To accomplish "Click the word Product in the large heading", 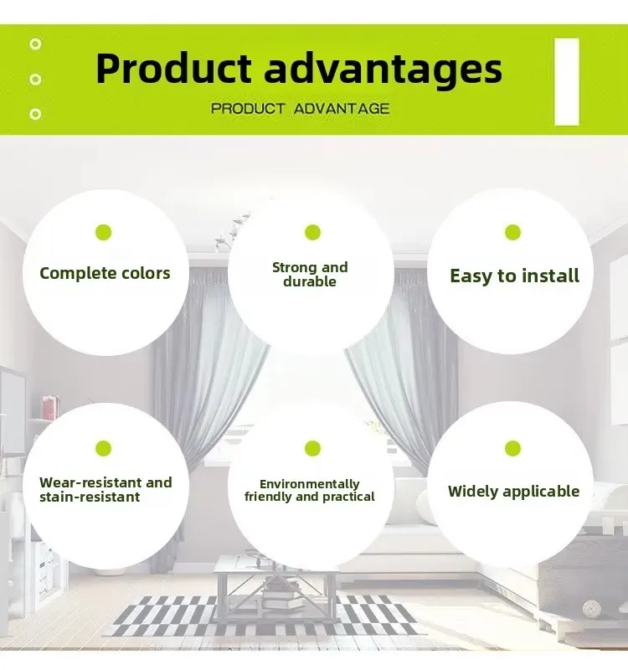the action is pyautogui.click(x=173, y=69).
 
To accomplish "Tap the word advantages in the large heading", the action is pyautogui.click(x=383, y=70).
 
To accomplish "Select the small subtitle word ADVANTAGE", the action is pyautogui.click(x=342, y=109).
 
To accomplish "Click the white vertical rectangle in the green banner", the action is pyautogui.click(x=567, y=81).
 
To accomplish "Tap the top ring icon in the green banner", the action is pyautogui.click(x=35, y=44).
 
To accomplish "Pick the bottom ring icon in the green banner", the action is pyautogui.click(x=35, y=114).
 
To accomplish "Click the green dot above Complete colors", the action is pyautogui.click(x=103, y=233).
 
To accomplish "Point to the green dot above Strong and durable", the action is pyautogui.click(x=312, y=233).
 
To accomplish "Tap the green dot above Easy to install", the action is pyautogui.click(x=512, y=233).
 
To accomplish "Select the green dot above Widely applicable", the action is pyautogui.click(x=512, y=449).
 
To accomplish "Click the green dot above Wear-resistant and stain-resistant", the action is pyautogui.click(x=103, y=449).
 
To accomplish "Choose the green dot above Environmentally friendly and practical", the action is pyautogui.click(x=312, y=449).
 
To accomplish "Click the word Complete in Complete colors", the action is pyautogui.click(x=72, y=274).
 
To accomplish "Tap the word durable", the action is pyautogui.click(x=310, y=281).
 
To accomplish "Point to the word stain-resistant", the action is pyautogui.click(x=90, y=497).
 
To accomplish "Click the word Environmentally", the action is pyautogui.click(x=310, y=484).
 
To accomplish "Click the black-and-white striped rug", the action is pyautogui.click(x=265, y=616).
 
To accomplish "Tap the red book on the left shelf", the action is pyautogui.click(x=51, y=406).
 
